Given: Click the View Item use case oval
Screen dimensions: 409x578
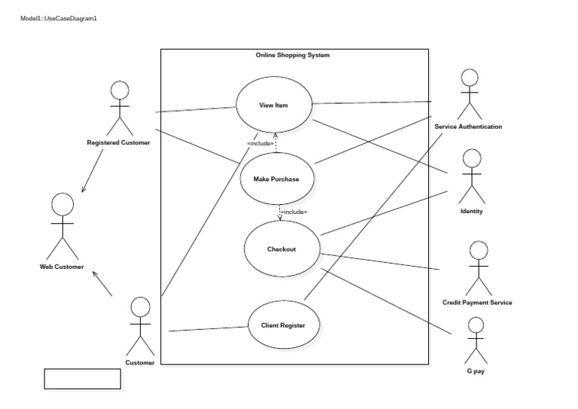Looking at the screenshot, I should point(274,105).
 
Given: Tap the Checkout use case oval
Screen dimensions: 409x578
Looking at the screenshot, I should point(281,249).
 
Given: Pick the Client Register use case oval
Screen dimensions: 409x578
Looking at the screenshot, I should point(282,325).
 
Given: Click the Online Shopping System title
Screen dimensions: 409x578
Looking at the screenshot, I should point(293,55).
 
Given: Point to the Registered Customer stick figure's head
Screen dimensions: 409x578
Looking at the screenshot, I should point(119,90).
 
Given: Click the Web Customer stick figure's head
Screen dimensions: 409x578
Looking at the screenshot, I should point(62,203).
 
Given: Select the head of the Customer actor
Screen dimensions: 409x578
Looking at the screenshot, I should point(140,307).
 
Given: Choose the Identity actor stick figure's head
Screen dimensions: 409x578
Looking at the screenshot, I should point(471,157).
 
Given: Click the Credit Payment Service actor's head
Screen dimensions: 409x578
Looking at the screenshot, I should point(477,252).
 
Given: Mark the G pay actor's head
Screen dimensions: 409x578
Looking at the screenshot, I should point(475,325).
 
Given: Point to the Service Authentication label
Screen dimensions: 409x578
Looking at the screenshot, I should point(468,127).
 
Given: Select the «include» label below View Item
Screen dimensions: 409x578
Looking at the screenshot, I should point(260,143).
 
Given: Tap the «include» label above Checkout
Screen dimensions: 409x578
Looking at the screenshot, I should point(293,212).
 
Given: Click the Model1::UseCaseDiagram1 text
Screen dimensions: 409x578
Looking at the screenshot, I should point(59,18).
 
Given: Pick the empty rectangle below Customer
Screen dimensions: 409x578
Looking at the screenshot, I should point(83,379).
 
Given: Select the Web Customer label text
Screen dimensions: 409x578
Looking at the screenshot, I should point(62,267).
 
